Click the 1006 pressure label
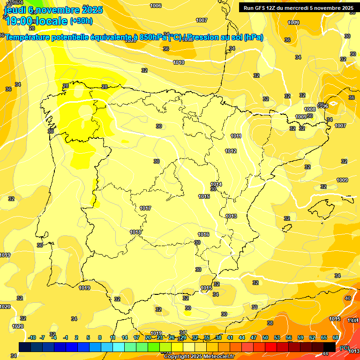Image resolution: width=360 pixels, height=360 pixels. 156,6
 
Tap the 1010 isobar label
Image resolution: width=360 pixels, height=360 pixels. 179,62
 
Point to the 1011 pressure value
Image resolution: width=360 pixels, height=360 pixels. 236,136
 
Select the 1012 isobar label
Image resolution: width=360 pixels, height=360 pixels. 231,151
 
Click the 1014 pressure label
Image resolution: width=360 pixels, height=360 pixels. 216,184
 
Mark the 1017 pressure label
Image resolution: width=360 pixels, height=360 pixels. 145,208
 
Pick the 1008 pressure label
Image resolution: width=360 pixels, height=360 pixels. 310,109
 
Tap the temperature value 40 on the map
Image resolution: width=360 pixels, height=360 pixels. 347,298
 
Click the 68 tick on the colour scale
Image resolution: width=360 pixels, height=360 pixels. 336,337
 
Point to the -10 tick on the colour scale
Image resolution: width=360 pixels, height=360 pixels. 32,337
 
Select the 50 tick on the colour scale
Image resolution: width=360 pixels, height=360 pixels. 265,337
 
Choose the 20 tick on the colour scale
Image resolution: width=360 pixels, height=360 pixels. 148,337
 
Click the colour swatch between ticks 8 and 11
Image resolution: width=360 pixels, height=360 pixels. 106,347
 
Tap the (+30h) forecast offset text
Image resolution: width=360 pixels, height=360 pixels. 81,21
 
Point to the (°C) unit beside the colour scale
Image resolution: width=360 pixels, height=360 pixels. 345,348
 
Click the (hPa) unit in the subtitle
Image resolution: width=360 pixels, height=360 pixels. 253,37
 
